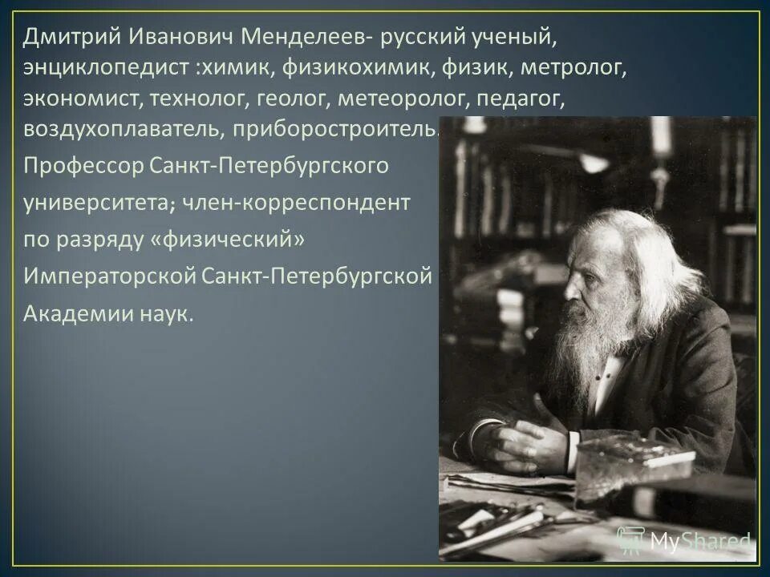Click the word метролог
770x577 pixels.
pos(573,68)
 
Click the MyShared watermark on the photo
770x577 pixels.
pos(686,541)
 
